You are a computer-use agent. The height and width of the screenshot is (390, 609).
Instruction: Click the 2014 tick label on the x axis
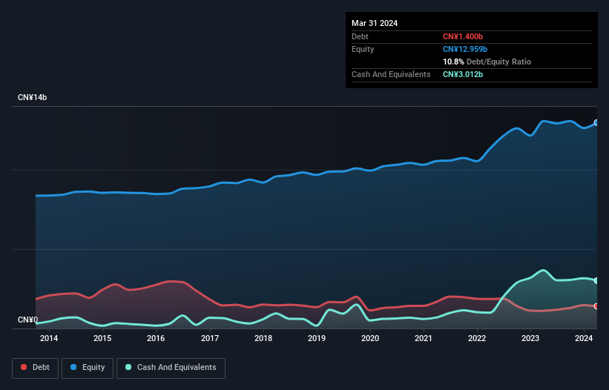(x=49, y=339)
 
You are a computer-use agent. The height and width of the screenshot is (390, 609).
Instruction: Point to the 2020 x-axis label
(x=370, y=339)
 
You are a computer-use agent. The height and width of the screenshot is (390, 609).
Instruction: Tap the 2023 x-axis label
(x=530, y=339)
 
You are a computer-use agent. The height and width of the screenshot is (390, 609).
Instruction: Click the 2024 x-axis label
(x=584, y=339)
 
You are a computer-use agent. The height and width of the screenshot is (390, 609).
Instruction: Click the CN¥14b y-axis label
(x=33, y=98)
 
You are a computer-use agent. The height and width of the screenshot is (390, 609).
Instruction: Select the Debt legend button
(x=36, y=368)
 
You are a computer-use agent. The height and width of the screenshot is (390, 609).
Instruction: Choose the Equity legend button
(x=88, y=368)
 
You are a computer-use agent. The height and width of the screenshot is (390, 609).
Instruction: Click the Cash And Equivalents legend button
(x=171, y=368)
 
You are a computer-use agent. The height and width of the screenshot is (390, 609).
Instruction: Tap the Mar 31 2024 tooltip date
(x=375, y=23)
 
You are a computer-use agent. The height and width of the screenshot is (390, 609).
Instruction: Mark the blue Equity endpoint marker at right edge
(x=596, y=123)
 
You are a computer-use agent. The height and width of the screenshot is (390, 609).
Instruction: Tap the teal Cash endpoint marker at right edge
(x=596, y=280)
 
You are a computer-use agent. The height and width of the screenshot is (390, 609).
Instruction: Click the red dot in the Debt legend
(x=24, y=368)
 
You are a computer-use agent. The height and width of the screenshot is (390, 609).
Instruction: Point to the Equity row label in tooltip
(x=363, y=49)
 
